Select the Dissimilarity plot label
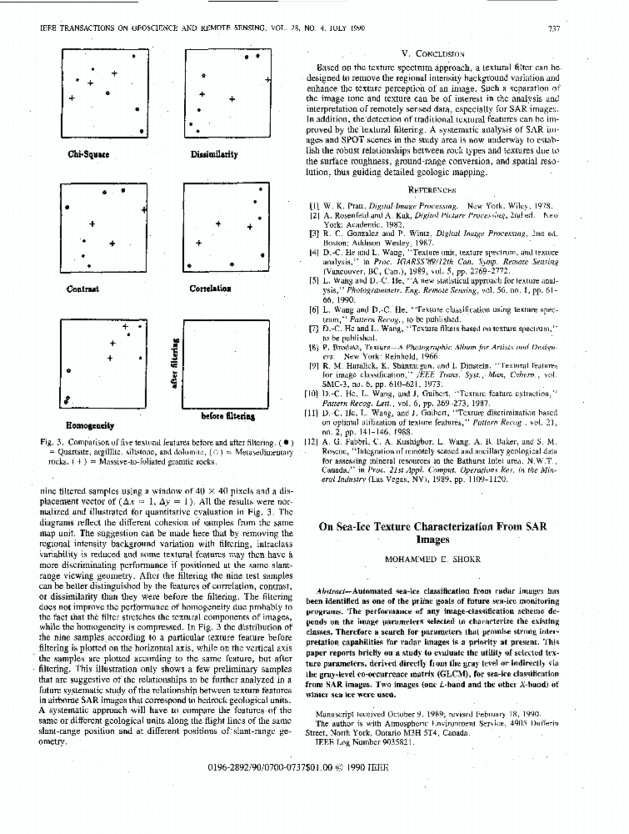pyautogui.click(x=213, y=154)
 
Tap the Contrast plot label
pyautogui.click(x=82, y=289)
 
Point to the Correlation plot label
pyautogui.click(x=210, y=289)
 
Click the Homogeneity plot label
pyautogui.click(x=90, y=425)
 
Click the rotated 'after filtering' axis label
pyautogui.click(x=174, y=362)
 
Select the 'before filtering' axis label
pyautogui.click(x=227, y=415)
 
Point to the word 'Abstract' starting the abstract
pyautogui.click(x=335, y=590)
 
